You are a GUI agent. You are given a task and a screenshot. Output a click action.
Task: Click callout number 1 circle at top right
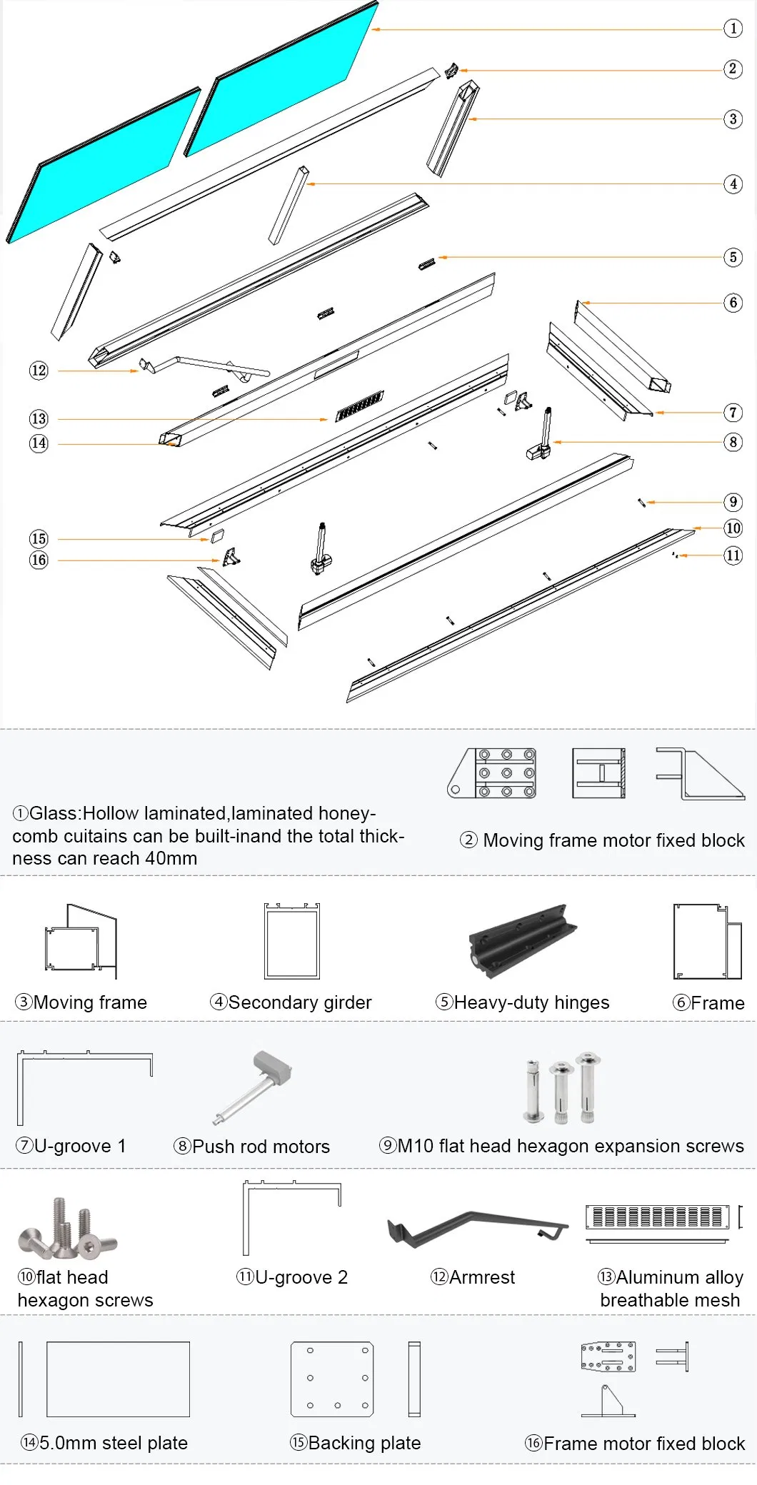point(733,29)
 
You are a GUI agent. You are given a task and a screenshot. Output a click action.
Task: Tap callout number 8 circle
point(733,443)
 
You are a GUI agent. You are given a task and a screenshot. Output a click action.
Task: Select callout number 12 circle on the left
point(39,371)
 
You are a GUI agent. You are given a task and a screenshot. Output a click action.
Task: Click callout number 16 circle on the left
point(39,560)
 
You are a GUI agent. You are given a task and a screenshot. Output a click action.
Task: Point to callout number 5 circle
point(733,257)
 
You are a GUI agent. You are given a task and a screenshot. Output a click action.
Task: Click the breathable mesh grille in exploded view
point(360,406)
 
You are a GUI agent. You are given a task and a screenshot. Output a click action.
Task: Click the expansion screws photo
point(562,1088)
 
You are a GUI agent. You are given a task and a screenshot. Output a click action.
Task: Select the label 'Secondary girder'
point(300,1003)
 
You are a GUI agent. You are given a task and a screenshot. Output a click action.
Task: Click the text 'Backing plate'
point(364,1443)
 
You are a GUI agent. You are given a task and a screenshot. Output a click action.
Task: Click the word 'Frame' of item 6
point(717,1003)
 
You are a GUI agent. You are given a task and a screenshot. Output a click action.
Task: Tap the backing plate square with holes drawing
point(332,1379)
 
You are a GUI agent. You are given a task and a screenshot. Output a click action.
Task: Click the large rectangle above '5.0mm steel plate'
point(118,1379)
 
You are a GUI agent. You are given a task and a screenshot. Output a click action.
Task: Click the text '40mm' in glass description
point(171,859)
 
